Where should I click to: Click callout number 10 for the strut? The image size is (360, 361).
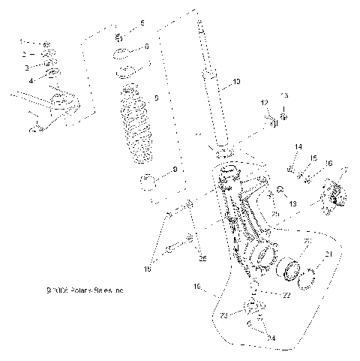point(236,82)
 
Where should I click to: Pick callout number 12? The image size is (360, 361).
point(264,102)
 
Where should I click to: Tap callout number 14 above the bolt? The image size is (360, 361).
point(298,146)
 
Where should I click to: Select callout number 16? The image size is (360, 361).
point(328,163)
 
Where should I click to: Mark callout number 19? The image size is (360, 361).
point(197,286)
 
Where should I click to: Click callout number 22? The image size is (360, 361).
point(266,295)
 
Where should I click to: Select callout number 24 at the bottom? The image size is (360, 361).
point(271,338)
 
